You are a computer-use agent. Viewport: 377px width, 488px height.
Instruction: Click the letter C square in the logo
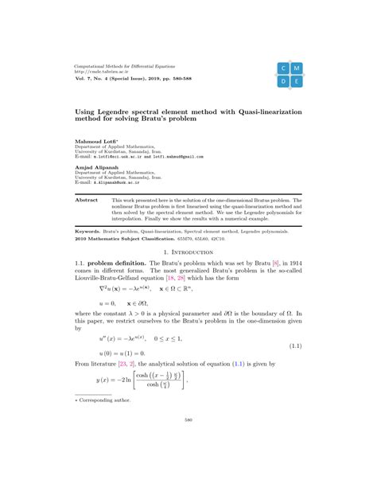coord(283,68)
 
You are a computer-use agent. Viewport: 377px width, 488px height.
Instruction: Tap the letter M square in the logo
coord(297,68)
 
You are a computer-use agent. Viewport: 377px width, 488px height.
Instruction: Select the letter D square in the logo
coord(283,81)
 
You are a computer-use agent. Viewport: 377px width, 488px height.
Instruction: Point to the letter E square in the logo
coord(297,81)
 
